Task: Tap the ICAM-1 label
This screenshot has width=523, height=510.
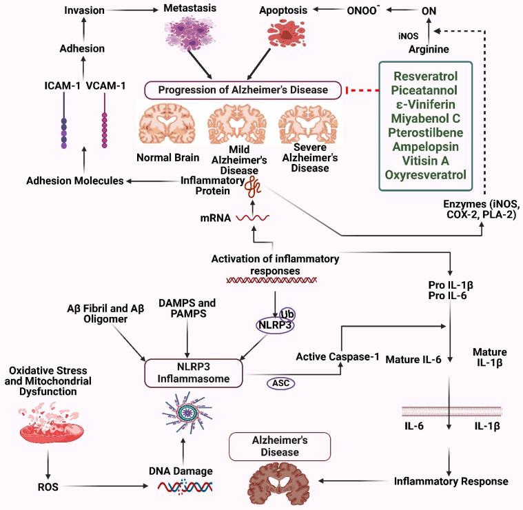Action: [63, 88]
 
